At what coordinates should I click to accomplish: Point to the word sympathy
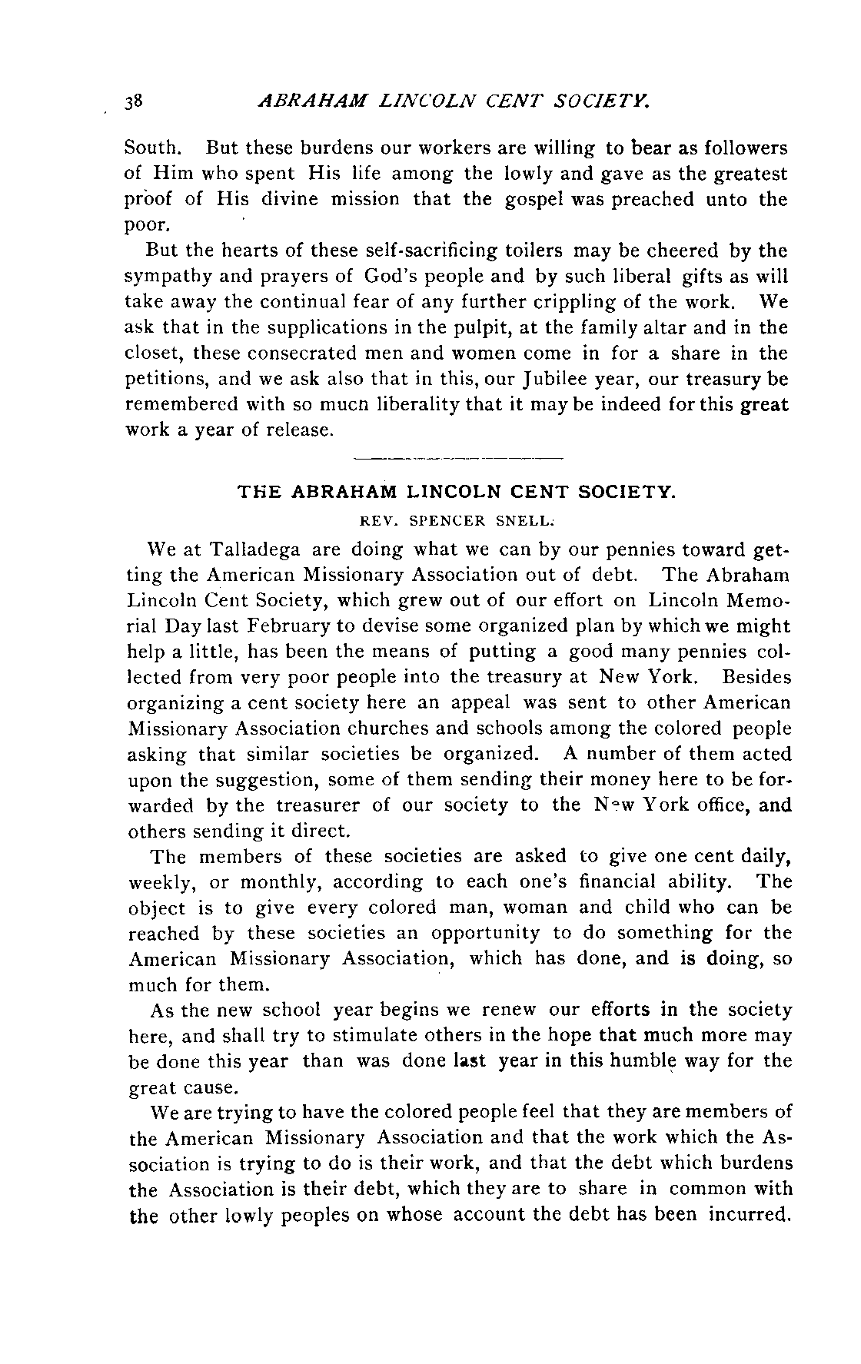click(165, 277)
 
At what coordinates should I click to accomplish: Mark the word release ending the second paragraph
click(298, 430)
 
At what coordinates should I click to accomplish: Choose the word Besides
click(756, 678)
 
